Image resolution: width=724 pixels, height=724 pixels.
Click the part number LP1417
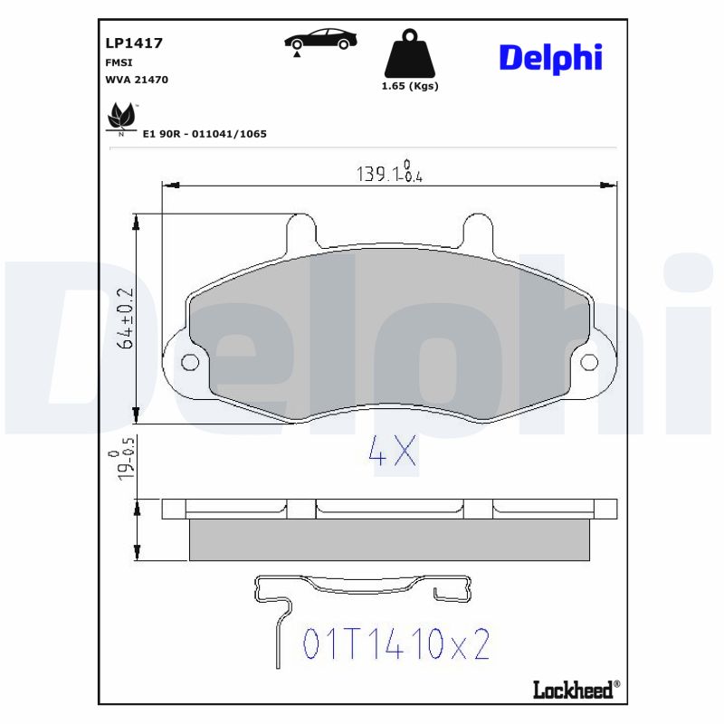coord(128,43)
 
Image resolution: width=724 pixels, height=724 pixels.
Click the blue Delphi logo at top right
coord(549,58)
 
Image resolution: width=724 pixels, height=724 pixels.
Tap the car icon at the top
coord(320,40)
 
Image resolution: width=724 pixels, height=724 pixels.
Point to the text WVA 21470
coord(136,80)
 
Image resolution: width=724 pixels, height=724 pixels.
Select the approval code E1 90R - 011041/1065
coord(205,133)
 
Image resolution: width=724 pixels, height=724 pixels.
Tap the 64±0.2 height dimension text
coord(126,319)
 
